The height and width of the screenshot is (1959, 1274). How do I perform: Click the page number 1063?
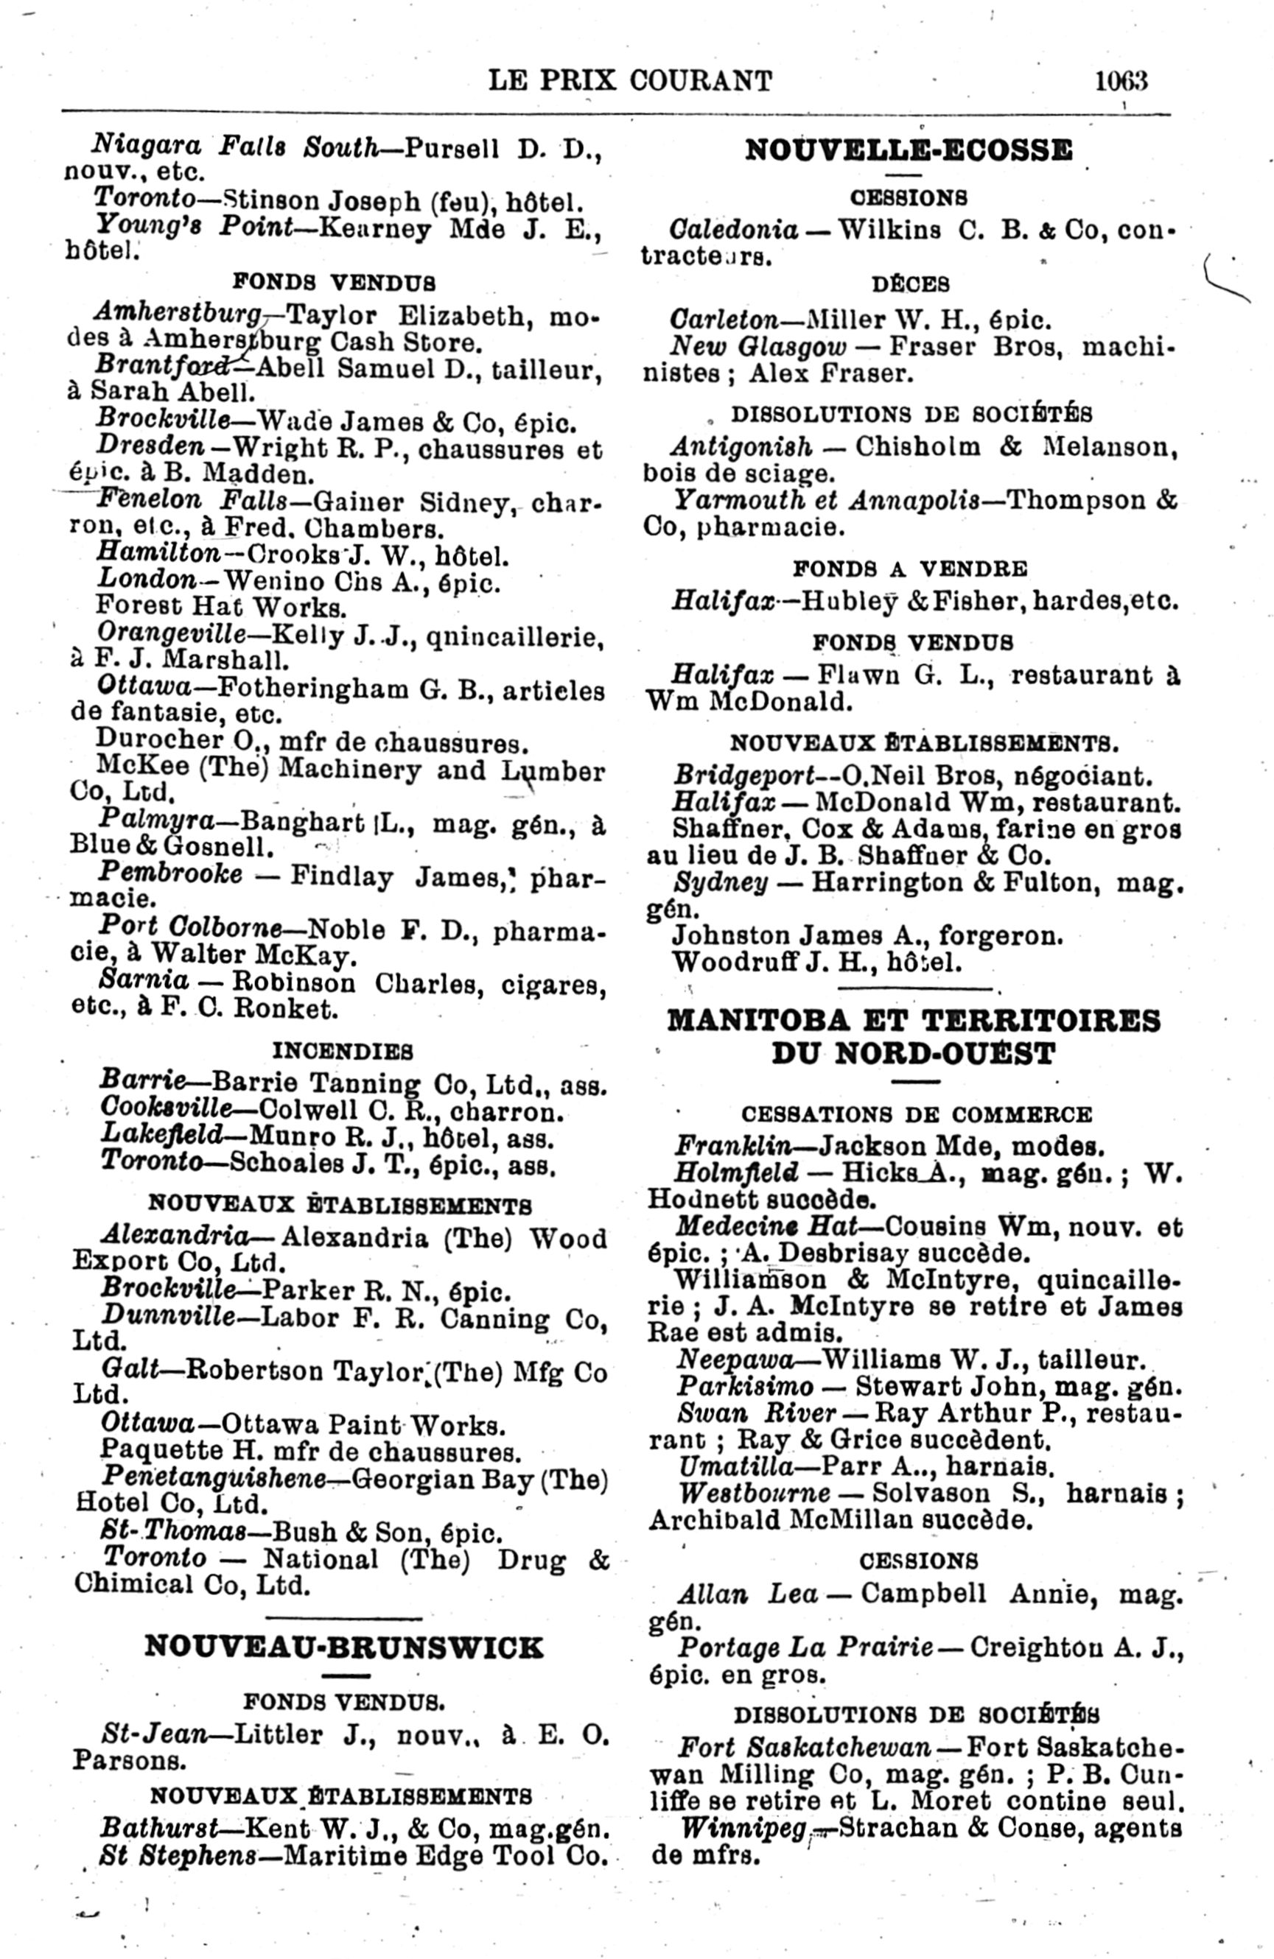click(x=1121, y=81)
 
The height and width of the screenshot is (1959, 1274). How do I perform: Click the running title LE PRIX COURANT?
click(x=630, y=81)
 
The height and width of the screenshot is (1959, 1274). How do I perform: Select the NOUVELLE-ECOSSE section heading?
click(x=909, y=151)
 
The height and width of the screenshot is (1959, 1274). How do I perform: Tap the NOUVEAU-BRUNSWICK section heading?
click(x=343, y=1647)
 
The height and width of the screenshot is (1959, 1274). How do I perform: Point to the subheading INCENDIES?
click(x=343, y=1052)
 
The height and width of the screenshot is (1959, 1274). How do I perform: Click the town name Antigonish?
click(x=741, y=447)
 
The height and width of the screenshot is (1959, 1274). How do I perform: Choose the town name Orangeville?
click(x=171, y=634)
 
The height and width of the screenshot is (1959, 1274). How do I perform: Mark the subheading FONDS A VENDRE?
click(x=910, y=569)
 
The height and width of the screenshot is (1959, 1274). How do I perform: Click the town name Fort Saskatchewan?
click(x=805, y=1747)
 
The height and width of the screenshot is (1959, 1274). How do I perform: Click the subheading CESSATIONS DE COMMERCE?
click(x=917, y=1114)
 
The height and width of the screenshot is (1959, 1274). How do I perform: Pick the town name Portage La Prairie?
click(x=805, y=1648)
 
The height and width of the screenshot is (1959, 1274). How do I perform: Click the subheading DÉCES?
click(x=911, y=285)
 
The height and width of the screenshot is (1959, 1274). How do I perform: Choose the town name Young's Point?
click(x=195, y=225)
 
